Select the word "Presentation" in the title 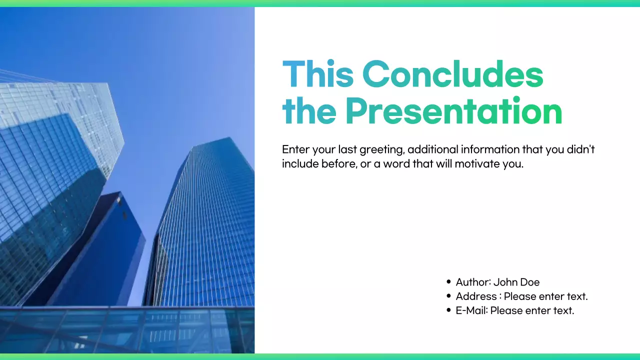(x=453, y=112)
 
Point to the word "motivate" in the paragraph (x=477, y=163)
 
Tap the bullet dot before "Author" (x=448, y=282)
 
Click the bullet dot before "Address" (x=448, y=296)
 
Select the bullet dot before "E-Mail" (x=448, y=310)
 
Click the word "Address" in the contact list (x=475, y=296)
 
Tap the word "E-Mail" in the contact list (x=471, y=310)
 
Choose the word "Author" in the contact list (x=472, y=282)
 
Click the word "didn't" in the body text (x=580, y=149)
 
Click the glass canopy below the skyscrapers (x=125, y=330)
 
